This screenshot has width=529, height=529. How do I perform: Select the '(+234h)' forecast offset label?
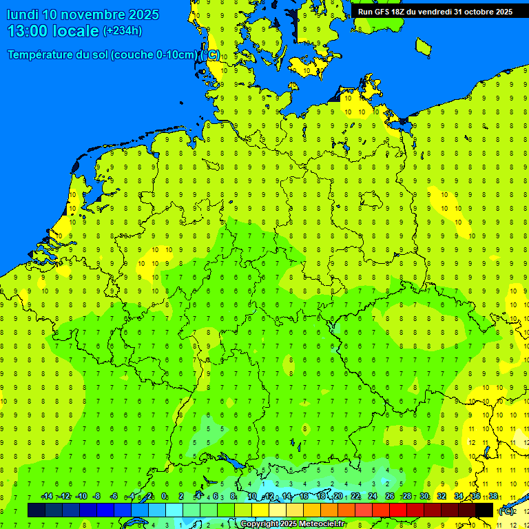coord(123,30)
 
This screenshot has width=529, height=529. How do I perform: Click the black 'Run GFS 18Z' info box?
coord(435,11)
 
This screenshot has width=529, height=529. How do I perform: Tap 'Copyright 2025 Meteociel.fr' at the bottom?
coord(292,524)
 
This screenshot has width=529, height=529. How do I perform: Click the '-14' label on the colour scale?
coord(47,497)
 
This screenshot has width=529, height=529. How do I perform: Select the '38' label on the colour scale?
coord(493,497)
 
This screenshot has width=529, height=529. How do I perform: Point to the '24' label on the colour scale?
coord(373,497)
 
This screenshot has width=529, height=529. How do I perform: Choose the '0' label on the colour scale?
coord(164,497)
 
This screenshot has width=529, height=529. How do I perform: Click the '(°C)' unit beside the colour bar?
coord(506,511)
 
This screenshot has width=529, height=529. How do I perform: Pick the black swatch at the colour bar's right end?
coord(484,510)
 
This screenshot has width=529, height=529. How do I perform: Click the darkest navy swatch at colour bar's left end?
coord(37,510)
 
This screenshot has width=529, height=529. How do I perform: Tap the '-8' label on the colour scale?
coord(97,497)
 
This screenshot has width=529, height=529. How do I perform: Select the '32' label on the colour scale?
coord(442,497)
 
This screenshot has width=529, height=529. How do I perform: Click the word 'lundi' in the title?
coord(23,14)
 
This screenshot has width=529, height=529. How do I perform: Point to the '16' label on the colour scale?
coord(304,497)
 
